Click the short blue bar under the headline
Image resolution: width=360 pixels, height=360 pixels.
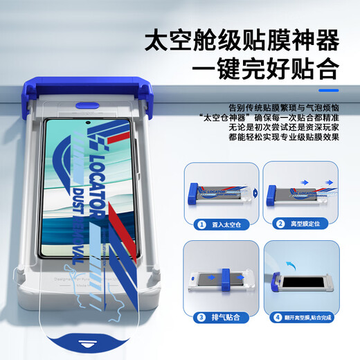click(x=327, y=90)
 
